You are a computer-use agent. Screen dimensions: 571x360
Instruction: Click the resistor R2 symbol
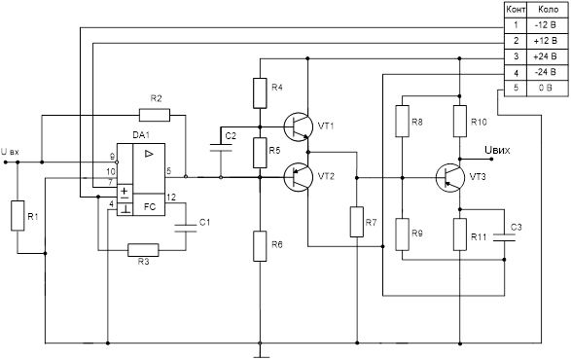click(x=155, y=115)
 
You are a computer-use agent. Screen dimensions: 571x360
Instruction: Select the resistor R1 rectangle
click(x=18, y=215)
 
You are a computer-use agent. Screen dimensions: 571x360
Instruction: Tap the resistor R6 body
click(x=260, y=246)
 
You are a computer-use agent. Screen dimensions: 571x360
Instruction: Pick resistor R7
click(x=357, y=222)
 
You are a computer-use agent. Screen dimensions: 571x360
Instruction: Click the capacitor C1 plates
click(x=186, y=228)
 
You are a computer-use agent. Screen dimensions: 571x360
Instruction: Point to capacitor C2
click(x=221, y=148)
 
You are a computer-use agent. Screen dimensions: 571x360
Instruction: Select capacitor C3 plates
click(x=504, y=237)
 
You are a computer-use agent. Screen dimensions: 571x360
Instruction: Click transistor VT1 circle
click(x=299, y=126)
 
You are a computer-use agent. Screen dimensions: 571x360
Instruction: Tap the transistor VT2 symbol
click(x=299, y=177)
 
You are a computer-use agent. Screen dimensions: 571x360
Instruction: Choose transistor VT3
click(x=450, y=178)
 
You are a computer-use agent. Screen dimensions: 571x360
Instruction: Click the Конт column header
click(x=516, y=10)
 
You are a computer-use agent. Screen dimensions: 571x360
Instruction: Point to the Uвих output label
click(x=497, y=150)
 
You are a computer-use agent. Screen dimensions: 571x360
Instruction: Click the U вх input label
click(x=10, y=151)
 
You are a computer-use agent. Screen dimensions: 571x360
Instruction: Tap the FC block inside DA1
click(x=149, y=204)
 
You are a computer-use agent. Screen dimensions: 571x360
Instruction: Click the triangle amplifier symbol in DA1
click(x=149, y=154)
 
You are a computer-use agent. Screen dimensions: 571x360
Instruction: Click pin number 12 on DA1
click(x=171, y=198)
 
